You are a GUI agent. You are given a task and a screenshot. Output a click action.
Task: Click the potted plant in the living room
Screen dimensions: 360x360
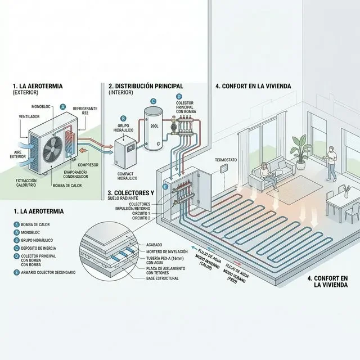(299, 147)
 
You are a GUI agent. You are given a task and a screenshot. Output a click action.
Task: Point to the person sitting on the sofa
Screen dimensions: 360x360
(263, 174)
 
